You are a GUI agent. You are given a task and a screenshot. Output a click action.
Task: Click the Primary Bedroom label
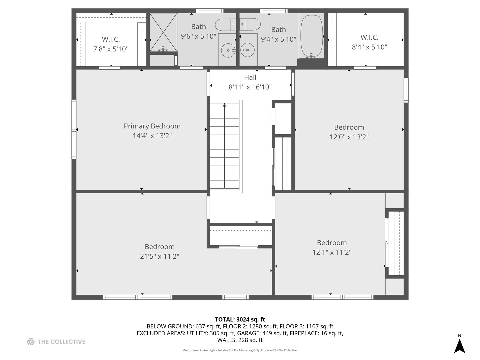[152, 126]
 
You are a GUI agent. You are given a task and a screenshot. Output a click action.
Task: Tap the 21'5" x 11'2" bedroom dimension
[159, 256]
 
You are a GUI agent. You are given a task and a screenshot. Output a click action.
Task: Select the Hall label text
[250, 77]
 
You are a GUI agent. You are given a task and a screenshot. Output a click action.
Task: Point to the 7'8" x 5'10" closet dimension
[111, 49]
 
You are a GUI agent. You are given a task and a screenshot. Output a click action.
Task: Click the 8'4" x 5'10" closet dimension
[369, 47]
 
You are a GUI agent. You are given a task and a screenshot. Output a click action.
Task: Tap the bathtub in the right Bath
[311, 36]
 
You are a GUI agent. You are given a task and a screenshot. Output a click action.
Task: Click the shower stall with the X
[163, 32]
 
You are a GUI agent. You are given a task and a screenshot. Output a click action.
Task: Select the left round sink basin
[228, 50]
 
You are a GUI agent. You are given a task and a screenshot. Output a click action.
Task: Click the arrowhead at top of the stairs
[224, 105]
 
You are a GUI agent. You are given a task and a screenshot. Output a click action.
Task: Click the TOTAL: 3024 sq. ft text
[240, 319]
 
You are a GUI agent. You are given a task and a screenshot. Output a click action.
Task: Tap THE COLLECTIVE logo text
[61, 342]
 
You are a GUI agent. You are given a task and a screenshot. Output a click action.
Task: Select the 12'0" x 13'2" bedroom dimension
[349, 137]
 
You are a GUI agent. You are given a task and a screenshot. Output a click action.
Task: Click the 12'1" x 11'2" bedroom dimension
[332, 252]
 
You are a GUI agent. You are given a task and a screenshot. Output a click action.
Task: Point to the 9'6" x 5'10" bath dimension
[198, 36]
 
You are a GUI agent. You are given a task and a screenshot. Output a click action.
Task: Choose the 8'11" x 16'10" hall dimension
[250, 87]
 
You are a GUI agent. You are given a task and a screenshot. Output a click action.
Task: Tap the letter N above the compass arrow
[459, 336]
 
